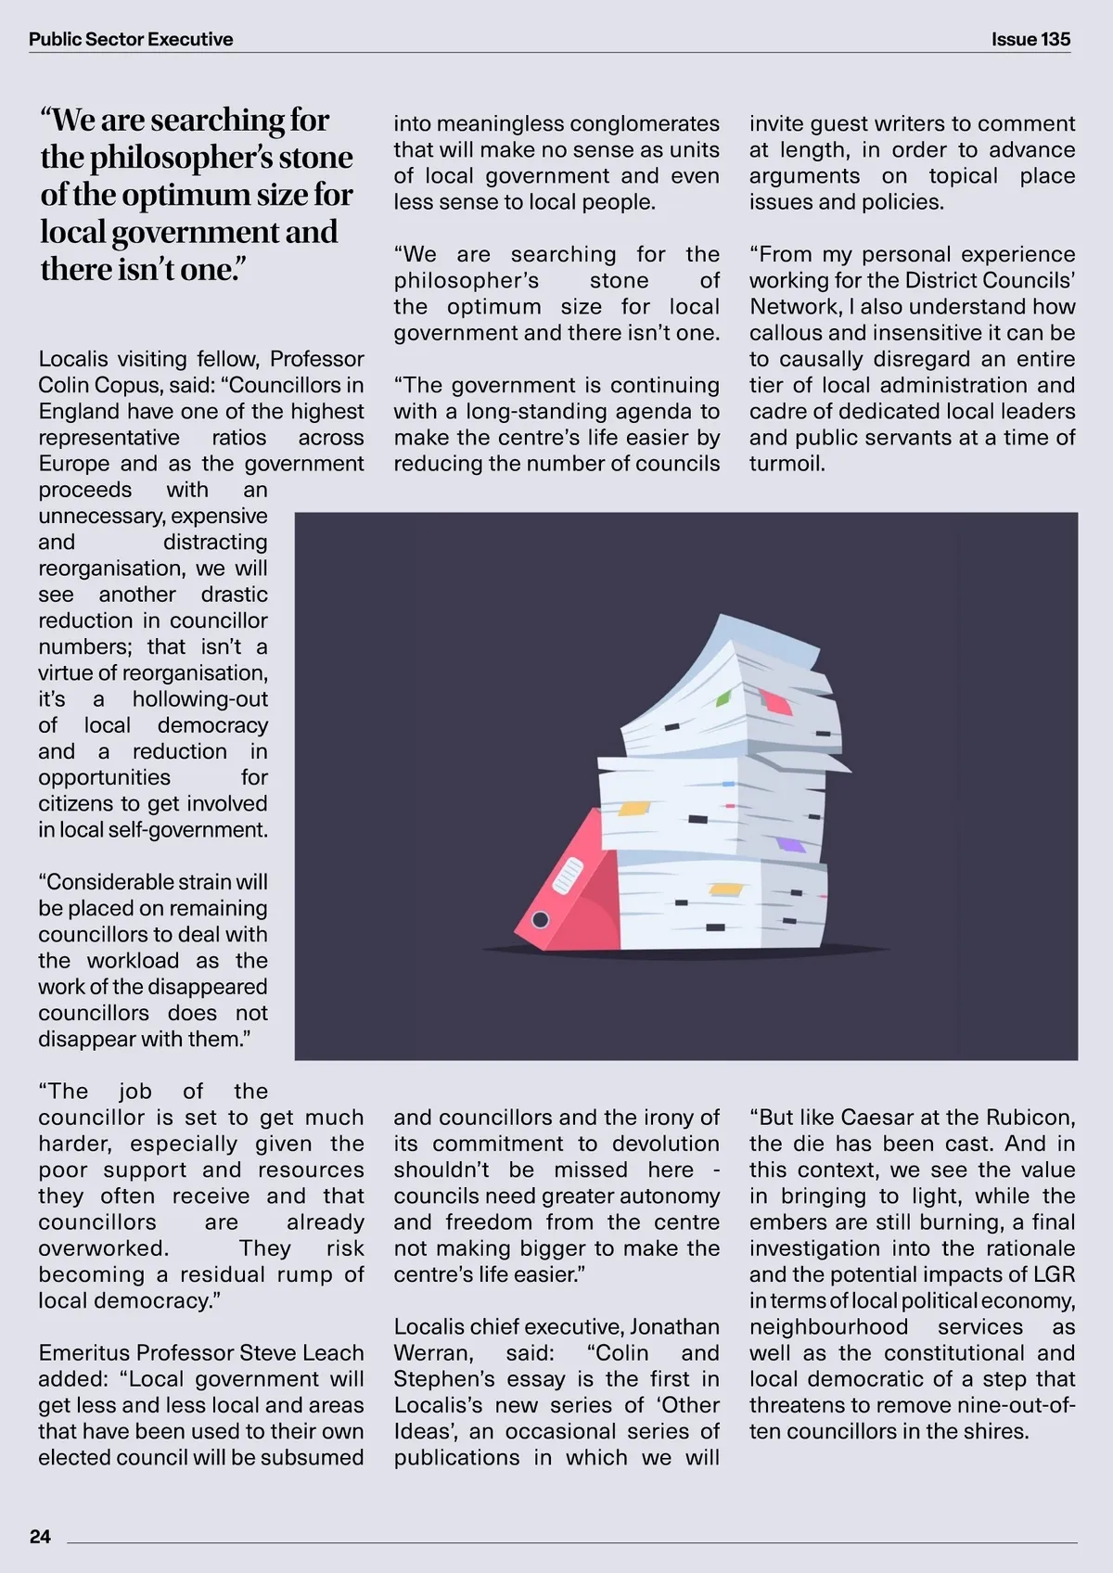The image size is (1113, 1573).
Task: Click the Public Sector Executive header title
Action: click(131, 39)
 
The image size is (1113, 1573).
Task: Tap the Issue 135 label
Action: click(1030, 39)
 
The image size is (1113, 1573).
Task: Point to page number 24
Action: click(40, 1537)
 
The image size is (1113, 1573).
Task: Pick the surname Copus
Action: click(136, 385)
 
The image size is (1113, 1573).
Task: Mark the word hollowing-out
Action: click(199, 699)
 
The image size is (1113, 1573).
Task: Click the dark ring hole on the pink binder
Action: click(540, 920)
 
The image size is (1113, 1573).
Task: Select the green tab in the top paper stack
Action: click(724, 696)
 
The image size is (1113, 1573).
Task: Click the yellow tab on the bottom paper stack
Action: click(725, 889)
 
